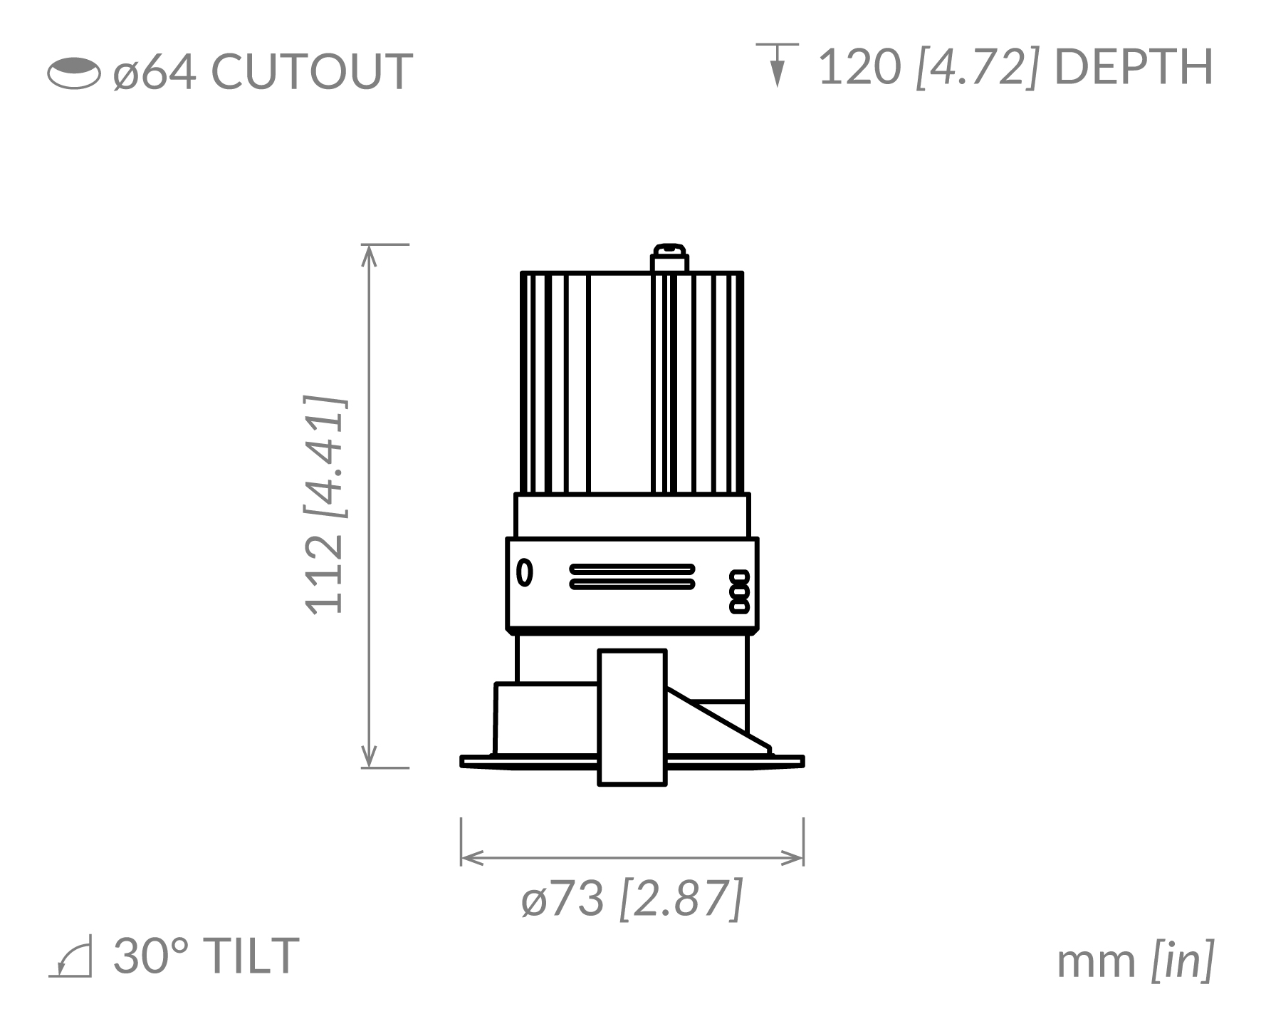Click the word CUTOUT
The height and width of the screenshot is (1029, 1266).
[x=312, y=71]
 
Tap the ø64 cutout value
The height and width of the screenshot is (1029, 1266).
[x=154, y=71]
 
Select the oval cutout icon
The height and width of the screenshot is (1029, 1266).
[x=74, y=73]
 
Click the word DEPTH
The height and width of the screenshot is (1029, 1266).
[x=1133, y=68]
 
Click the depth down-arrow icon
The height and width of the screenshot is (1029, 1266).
[x=778, y=65]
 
